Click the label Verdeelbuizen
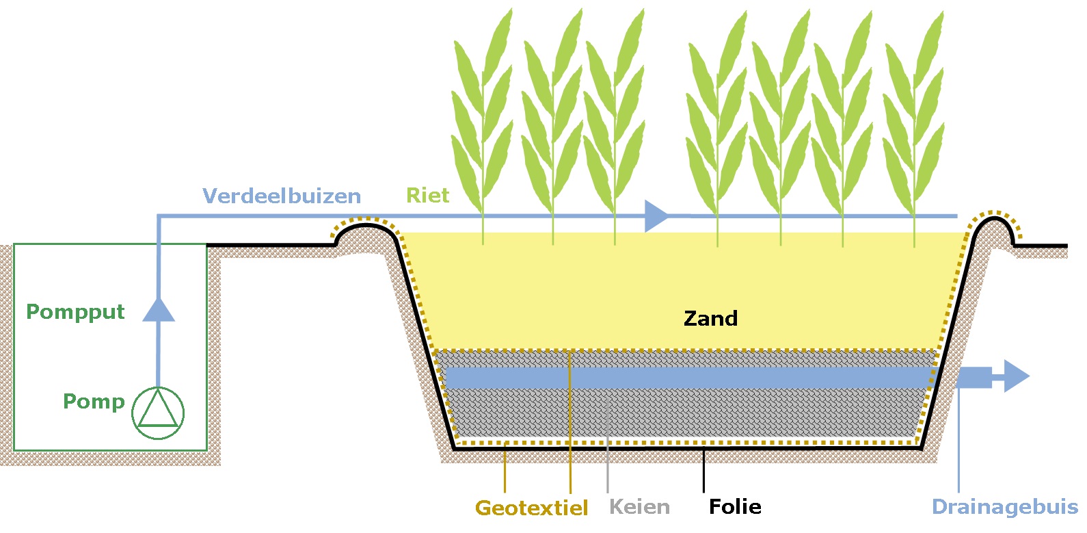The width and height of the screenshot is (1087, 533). pyautogui.click(x=282, y=196)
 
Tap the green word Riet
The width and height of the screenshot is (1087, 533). pyautogui.click(x=428, y=196)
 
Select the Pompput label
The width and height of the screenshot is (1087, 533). pyautogui.click(x=75, y=312)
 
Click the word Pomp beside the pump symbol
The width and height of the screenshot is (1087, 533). pyautogui.click(x=94, y=401)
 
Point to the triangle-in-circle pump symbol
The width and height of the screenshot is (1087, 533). pyautogui.click(x=158, y=413)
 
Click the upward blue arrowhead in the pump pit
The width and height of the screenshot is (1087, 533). pyautogui.click(x=159, y=310)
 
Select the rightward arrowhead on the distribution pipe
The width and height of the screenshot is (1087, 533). pyautogui.click(x=656, y=216)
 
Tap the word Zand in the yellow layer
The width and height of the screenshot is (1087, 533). pyautogui.click(x=710, y=318)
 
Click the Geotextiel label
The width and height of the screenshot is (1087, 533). pyautogui.click(x=531, y=508)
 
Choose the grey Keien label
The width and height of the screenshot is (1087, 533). pyautogui.click(x=639, y=507)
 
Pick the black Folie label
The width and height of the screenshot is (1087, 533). pyautogui.click(x=735, y=507)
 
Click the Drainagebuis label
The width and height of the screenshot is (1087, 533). pyautogui.click(x=1005, y=507)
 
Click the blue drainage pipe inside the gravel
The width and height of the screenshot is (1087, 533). pyautogui.click(x=684, y=377)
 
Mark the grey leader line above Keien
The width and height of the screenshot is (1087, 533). pyautogui.click(x=608, y=452)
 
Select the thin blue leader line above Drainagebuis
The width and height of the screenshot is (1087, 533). pyautogui.click(x=958, y=445)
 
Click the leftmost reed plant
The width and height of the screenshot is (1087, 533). pyautogui.click(x=483, y=123)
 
